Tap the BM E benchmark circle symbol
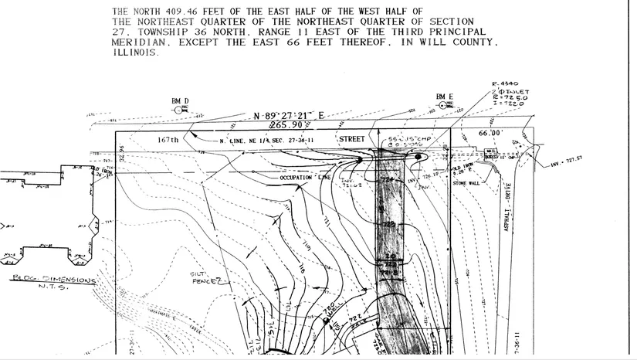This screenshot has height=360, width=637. (442, 107)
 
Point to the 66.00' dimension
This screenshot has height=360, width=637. (491, 133)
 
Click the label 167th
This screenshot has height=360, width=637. (168, 140)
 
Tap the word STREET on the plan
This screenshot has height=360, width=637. (352, 139)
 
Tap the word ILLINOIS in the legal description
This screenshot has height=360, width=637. (136, 55)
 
